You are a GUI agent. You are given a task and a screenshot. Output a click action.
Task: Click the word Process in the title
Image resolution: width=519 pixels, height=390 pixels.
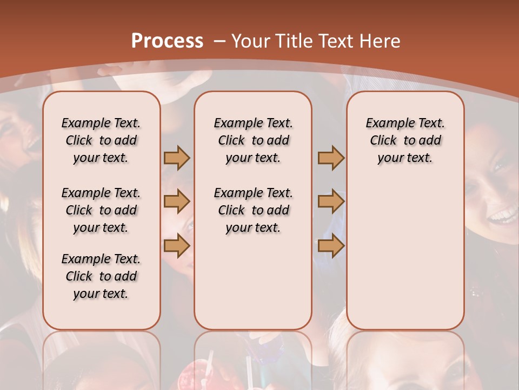point(167,41)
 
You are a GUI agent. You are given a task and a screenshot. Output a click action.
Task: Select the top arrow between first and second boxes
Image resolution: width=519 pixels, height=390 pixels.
point(177,158)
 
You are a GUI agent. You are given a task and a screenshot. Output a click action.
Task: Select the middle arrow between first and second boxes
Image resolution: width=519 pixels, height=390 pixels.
point(177,202)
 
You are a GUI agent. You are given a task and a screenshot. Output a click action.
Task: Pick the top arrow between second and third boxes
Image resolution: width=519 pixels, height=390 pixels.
point(331,158)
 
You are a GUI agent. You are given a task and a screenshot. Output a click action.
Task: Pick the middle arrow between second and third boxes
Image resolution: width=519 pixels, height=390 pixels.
point(331,202)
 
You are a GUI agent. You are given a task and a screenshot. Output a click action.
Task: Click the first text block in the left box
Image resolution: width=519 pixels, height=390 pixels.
point(101,140)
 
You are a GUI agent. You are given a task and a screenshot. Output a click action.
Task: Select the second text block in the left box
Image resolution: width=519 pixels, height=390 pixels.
point(101,210)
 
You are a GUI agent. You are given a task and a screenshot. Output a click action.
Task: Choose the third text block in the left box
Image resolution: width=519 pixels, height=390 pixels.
point(101,276)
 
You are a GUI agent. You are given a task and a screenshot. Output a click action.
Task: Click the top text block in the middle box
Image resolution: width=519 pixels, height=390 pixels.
point(253,140)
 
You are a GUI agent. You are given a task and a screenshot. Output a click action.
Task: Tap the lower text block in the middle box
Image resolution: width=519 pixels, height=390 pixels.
point(253,210)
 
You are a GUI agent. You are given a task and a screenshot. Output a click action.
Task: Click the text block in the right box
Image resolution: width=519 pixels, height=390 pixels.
point(405,140)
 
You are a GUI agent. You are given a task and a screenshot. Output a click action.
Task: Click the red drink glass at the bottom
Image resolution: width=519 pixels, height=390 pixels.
point(203,374)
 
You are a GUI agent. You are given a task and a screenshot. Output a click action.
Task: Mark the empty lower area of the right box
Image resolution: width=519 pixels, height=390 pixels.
point(405,255)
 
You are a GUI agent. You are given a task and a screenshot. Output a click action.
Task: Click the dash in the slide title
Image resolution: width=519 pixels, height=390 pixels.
point(219,41)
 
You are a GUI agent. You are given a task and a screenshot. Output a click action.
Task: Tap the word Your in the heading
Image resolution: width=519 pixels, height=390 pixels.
point(252,41)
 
